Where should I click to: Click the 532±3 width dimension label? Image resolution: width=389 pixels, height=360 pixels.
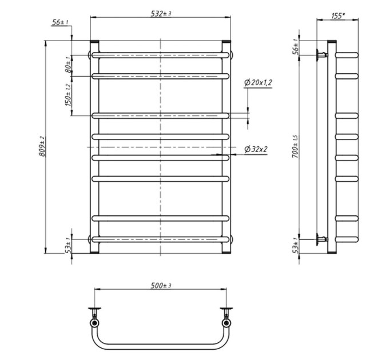(x=161, y=13)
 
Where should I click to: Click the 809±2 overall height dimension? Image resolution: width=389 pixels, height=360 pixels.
(x=42, y=146)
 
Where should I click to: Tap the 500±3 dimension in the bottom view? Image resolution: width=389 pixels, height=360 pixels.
(x=161, y=285)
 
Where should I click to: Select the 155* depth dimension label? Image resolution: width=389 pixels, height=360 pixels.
(x=338, y=16)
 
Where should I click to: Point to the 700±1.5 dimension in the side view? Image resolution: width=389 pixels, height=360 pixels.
(x=295, y=146)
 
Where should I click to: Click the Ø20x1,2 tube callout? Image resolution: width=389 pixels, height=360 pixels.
(x=258, y=82)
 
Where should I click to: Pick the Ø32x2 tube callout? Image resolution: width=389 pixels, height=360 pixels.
(x=256, y=149)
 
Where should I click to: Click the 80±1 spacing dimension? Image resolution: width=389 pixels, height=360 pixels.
(x=68, y=65)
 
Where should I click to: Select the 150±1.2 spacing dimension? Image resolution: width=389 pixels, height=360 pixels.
(x=68, y=95)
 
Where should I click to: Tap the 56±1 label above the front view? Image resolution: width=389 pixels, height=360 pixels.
(x=60, y=22)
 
